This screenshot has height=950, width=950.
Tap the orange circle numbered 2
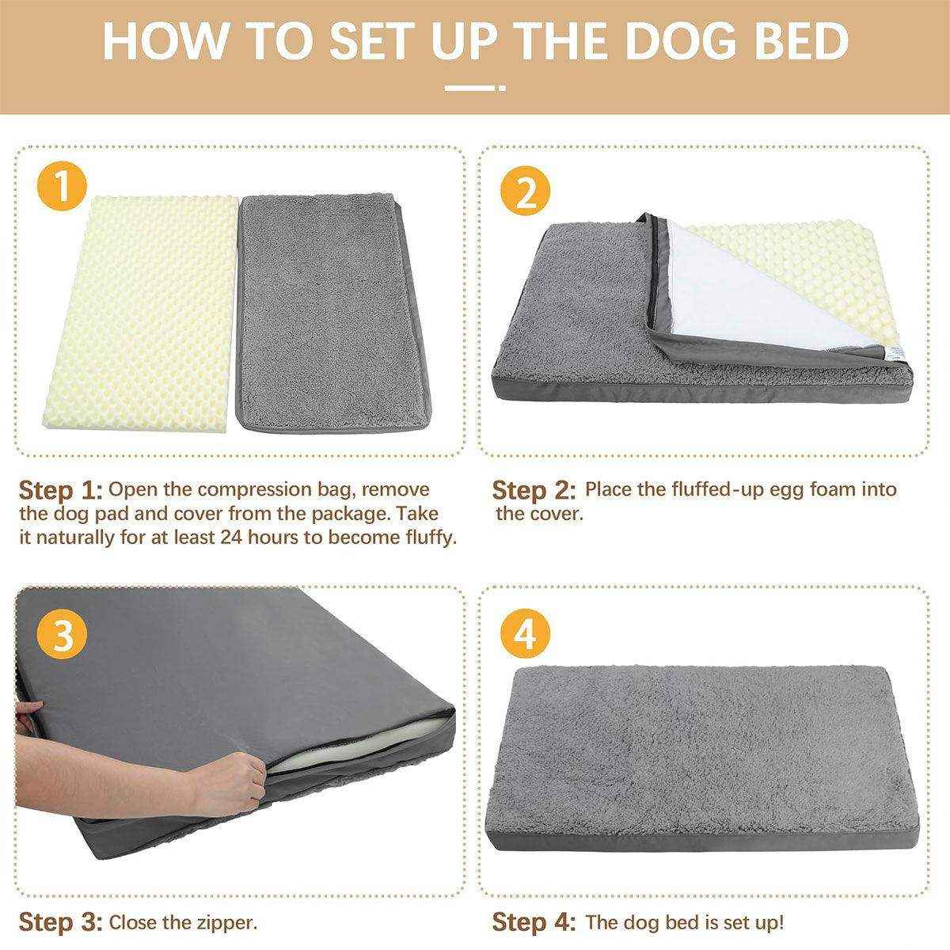click(526, 192)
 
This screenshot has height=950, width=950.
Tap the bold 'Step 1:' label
click(61, 489)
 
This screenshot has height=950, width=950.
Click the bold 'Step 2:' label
click(534, 490)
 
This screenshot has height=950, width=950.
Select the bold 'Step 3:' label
click(61, 922)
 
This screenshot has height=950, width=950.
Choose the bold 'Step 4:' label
click(534, 922)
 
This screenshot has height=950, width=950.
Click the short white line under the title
click(474, 88)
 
